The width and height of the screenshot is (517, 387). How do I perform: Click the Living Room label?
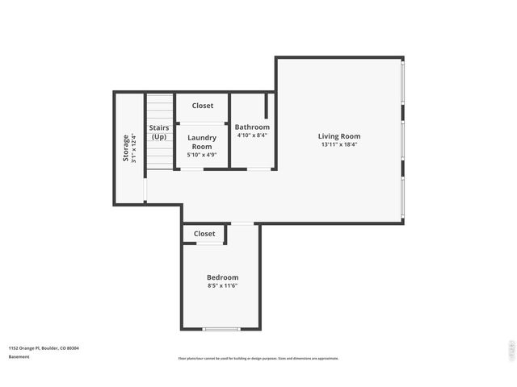[339, 136]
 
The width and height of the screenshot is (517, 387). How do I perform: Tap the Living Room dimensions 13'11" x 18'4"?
[339, 145]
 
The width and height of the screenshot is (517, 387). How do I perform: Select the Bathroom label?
[252, 127]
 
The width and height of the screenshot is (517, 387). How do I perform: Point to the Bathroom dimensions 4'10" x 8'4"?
[252, 135]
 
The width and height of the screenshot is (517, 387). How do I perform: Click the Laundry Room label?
[202, 142]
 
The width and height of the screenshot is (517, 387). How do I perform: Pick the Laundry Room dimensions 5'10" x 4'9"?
[202, 155]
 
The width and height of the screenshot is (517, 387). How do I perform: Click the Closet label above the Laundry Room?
[203, 106]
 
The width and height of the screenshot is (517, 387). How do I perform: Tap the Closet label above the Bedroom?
[204, 234]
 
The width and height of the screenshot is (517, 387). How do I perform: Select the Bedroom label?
[222, 277]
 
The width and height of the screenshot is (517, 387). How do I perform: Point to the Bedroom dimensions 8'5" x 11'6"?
[222, 286]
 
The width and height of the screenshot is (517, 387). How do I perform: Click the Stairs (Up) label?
[159, 132]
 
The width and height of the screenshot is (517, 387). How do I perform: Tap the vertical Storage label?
[125, 148]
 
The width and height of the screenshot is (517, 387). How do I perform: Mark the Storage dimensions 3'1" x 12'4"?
[134, 148]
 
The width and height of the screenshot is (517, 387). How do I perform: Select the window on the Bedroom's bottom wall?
[221, 329]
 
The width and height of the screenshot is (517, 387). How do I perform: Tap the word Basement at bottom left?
[19, 356]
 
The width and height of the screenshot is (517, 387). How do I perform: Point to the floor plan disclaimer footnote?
[258, 359]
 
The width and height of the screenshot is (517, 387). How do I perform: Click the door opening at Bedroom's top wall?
[242, 223]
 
